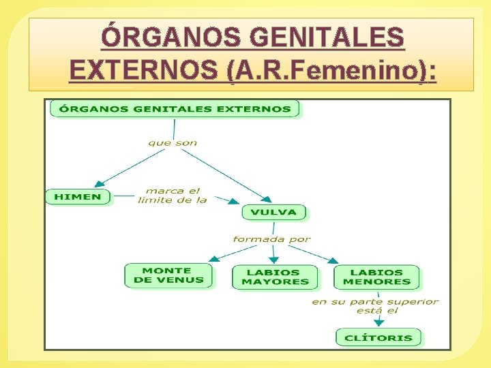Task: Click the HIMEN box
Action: [x=77, y=197]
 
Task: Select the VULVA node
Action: [x=273, y=212]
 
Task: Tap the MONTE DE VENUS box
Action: [x=168, y=275]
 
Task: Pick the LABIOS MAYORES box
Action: [x=275, y=277]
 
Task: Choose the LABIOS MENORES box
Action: [x=376, y=277]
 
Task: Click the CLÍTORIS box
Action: [x=378, y=337]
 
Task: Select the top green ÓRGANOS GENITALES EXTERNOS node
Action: [x=175, y=109]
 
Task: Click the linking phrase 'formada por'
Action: [x=271, y=239]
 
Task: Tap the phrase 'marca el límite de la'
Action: [x=173, y=196]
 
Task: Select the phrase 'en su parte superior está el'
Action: [x=375, y=306]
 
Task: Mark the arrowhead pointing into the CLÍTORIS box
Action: [x=379, y=322]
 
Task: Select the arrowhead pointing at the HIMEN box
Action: [x=99, y=183]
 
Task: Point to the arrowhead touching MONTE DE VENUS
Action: [x=213, y=258]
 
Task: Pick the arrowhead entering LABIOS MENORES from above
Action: [x=333, y=260]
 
